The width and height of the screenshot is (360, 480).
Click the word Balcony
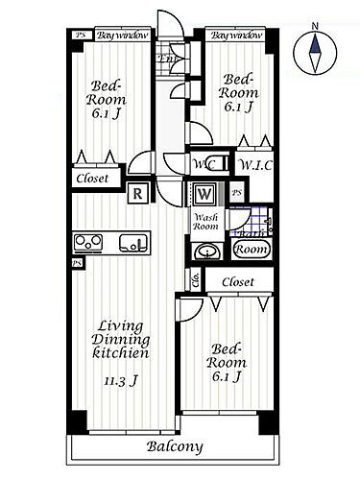(175, 447)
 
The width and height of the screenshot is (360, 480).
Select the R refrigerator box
(140, 193)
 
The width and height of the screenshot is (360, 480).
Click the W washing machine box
(205, 193)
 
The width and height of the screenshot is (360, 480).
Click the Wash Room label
(205, 222)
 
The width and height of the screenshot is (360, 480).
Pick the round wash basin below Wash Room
(206, 252)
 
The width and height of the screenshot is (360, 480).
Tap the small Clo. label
(195, 281)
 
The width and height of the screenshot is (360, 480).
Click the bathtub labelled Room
(251, 248)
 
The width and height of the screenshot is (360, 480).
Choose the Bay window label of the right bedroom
(235, 35)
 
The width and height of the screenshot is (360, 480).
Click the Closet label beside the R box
(93, 179)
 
